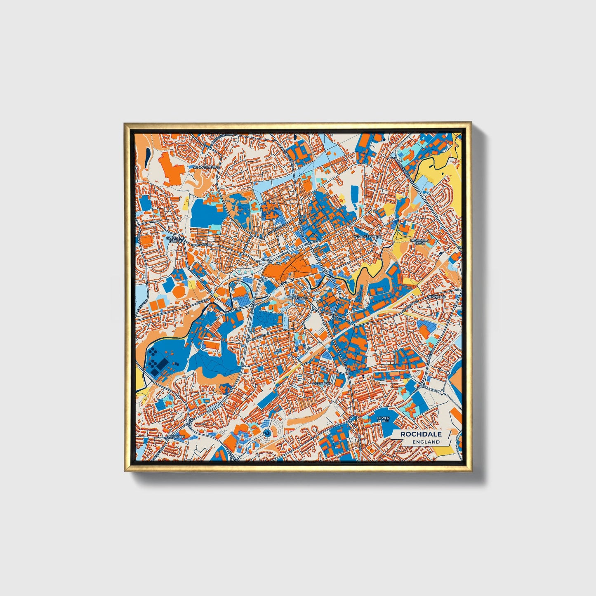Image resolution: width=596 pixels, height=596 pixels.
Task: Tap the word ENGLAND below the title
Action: [x=426, y=442]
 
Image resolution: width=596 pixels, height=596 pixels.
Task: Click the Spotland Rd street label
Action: [x=201, y=245]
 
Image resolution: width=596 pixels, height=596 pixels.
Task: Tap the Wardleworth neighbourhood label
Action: [x=367, y=237]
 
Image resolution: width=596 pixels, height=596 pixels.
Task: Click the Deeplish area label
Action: [x=321, y=384]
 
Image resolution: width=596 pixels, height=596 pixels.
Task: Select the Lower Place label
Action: [x=383, y=419]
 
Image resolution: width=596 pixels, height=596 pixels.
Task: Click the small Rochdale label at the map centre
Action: [x=298, y=297]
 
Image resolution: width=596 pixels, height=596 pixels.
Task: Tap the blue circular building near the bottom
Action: [x=267, y=433]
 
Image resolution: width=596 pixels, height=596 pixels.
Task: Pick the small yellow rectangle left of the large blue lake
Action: [x=184, y=204]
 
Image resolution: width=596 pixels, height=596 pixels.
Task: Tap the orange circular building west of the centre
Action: [x=179, y=291]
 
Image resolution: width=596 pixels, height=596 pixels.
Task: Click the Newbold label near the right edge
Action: [x=437, y=297]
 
